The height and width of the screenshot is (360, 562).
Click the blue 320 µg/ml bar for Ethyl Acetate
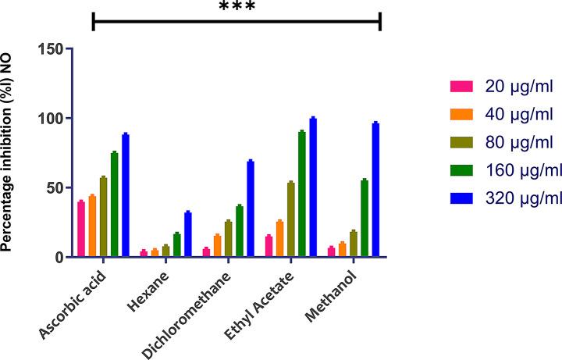click(x=313, y=188)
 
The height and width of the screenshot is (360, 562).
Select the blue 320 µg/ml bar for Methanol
click(x=375, y=191)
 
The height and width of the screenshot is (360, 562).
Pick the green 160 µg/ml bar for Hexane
click(x=176, y=245)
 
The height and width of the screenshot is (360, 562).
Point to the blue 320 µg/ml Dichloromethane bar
click(x=251, y=209)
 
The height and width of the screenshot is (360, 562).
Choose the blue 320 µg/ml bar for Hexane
click(x=187, y=234)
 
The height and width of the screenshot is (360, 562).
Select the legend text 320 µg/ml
click(x=521, y=198)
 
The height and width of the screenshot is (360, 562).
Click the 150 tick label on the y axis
click(x=49, y=48)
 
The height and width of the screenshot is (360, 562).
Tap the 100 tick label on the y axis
click(x=49, y=119)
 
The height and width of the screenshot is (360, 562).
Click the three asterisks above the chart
click(x=237, y=7)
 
